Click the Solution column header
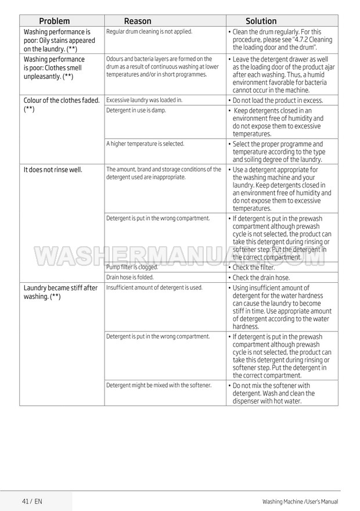click(x=261, y=21)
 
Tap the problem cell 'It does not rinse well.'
click(x=52, y=170)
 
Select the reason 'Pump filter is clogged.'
click(x=132, y=267)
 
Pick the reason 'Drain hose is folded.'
click(x=130, y=278)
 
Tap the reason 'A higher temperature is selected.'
click(x=145, y=143)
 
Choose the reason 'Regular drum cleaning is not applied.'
click(x=149, y=31)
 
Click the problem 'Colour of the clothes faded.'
click(x=61, y=100)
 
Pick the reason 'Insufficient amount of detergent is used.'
click(x=154, y=287)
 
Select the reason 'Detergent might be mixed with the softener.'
click(x=159, y=385)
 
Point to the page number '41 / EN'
click(x=32, y=501)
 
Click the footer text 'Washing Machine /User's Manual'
click(x=300, y=501)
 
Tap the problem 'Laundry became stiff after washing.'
click(x=60, y=292)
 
